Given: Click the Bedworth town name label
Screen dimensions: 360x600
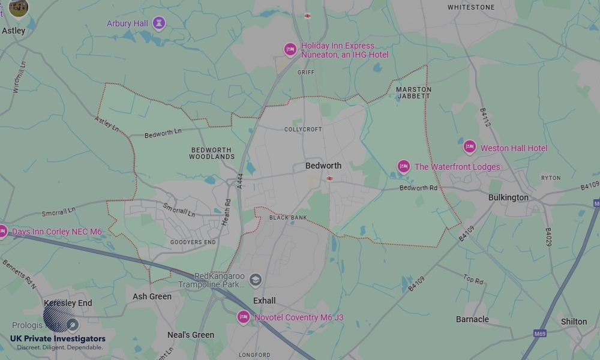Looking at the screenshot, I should [x=323, y=166].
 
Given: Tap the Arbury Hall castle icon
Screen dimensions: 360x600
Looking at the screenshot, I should [x=159, y=23].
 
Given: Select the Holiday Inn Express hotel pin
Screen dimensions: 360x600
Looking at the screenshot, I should [x=290, y=49].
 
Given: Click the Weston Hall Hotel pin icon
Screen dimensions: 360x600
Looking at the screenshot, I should [x=470, y=147].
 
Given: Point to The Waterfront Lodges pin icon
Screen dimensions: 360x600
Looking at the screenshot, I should [x=404, y=166].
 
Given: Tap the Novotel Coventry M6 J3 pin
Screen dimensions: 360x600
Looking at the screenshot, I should [x=243, y=316].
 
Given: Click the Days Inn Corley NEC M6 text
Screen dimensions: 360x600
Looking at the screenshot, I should [x=57, y=232].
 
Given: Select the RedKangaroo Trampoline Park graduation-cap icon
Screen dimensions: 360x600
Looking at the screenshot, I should [x=256, y=280].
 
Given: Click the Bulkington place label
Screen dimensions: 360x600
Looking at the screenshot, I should [x=508, y=197].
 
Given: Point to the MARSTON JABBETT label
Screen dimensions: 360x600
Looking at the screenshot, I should [x=413, y=92].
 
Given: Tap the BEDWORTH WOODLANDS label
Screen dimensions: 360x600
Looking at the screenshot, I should [x=212, y=153].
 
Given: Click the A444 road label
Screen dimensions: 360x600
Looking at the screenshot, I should [x=240, y=182].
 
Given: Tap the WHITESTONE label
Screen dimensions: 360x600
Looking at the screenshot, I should [x=471, y=7].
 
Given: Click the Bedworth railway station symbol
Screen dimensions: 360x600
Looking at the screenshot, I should [x=329, y=178].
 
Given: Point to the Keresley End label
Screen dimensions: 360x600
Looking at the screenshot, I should [x=68, y=303].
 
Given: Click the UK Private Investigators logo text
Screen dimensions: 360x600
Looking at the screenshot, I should [x=58, y=339].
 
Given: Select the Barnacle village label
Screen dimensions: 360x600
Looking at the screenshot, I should [x=472, y=319].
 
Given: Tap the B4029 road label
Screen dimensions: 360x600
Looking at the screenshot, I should [x=548, y=237].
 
